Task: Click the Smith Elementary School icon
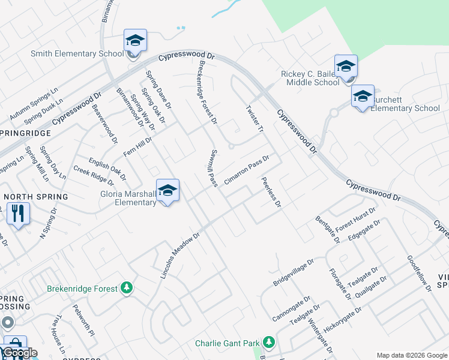pyautogui.click(x=135, y=41)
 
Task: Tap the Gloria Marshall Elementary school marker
pyautogui.click(x=167, y=190)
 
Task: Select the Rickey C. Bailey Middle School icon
pyautogui.click(x=346, y=66)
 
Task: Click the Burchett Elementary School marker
pyautogui.click(x=363, y=96)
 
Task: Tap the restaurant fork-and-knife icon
pyautogui.click(x=18, y=213)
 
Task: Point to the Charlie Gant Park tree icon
pyautogui.click(x=269, y=343)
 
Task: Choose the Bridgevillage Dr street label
pyautogui.click(x=294, y=272)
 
